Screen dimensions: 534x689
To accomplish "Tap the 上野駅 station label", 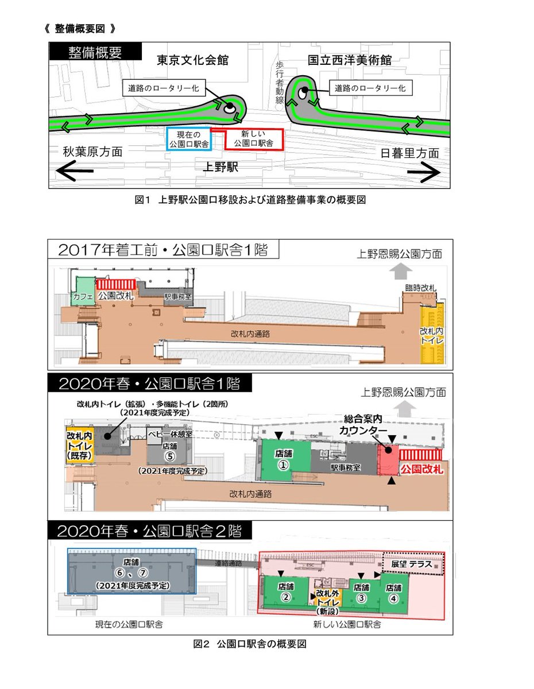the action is coord(222,167).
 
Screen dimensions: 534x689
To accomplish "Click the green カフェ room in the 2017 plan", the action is coord(83,292).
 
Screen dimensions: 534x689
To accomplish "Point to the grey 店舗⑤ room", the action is coord(169,452).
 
